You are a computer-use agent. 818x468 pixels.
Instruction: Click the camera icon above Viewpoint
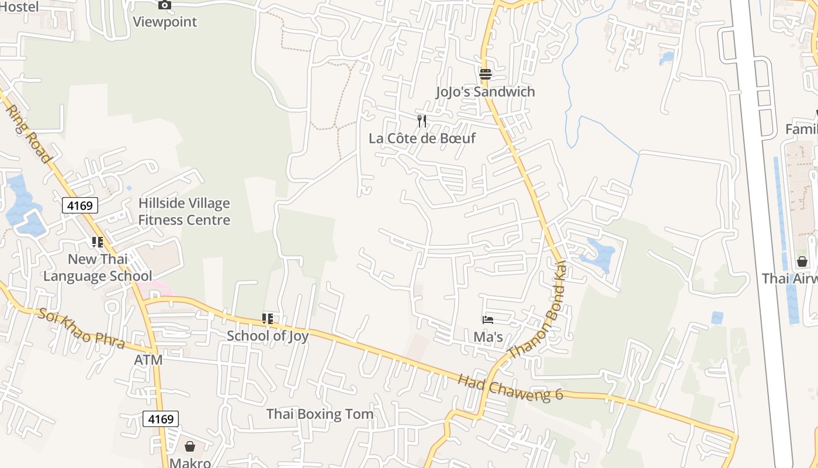(x=165, y=5)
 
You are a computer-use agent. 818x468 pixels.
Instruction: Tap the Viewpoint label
(x=165, y=22)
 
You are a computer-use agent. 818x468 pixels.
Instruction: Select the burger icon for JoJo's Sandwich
(x=485, y=74)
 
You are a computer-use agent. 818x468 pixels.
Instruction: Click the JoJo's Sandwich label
(x=485, y=92)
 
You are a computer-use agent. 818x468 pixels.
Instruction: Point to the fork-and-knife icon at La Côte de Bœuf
(x=422, y=121)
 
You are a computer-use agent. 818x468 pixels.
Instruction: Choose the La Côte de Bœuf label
(x=422, y=139)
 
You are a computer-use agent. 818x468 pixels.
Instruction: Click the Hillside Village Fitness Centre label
(x=184, y=212)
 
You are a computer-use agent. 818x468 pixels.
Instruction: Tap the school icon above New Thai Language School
(x=97, y=242)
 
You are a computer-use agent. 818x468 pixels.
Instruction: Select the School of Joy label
(x=268, y=336)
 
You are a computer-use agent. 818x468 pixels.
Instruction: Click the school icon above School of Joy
(x=268, y=319)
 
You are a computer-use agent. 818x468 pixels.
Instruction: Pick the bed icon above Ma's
(x=488, y=319)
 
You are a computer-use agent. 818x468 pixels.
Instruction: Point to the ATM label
(x=148, y=360)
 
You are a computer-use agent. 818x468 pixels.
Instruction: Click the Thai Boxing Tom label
(x=320, y=414)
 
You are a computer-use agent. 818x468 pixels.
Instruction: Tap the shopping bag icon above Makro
(x=190, y=446)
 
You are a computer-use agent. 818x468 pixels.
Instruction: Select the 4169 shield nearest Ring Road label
(x=80, y=205)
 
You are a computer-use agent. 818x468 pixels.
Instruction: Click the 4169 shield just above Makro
(x=161, y=419)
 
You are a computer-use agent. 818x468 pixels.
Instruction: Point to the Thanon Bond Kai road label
(x=538, y=310)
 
